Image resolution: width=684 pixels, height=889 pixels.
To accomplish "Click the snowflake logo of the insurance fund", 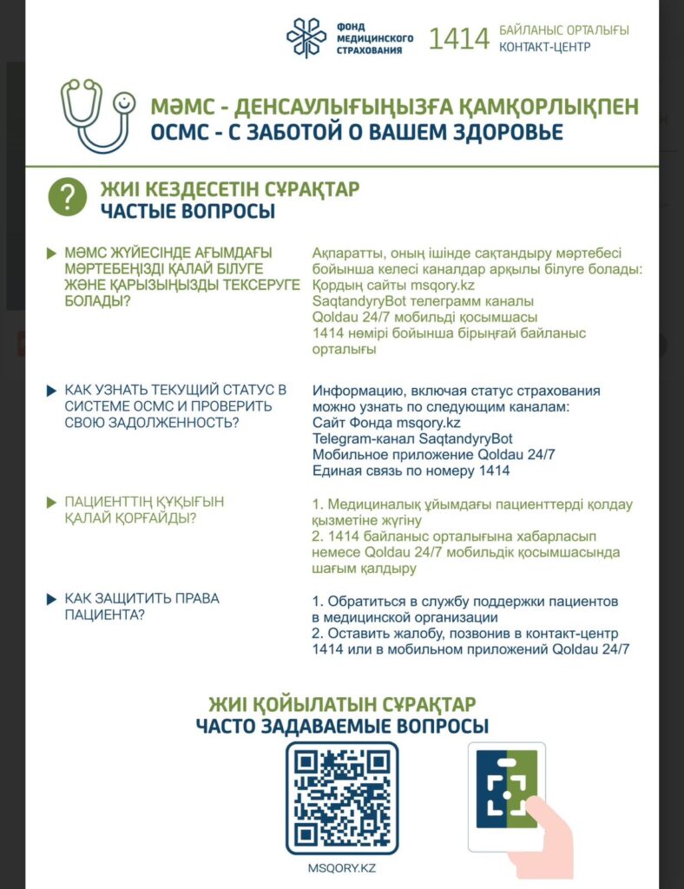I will tap(306, 38).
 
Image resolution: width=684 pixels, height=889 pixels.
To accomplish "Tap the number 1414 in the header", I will tap(459, 39).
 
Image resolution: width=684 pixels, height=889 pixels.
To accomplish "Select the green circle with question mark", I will tap(67, 197).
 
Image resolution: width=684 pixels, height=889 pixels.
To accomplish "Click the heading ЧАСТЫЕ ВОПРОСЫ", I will tap(187, 211).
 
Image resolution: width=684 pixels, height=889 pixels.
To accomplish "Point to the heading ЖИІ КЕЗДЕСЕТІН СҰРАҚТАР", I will tap(229, 188).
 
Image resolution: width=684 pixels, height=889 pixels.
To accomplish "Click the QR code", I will tap(342, 797).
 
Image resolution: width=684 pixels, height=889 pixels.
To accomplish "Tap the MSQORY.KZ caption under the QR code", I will tap(342, 868).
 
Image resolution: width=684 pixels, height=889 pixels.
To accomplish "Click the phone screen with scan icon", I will tap(508, 794).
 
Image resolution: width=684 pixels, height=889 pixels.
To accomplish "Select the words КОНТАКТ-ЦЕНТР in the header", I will tap(545, 47).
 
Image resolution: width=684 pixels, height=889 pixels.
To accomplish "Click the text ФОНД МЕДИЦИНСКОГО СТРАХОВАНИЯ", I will tap(374, 39).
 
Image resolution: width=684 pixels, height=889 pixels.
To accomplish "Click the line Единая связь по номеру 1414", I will tap(411, 471).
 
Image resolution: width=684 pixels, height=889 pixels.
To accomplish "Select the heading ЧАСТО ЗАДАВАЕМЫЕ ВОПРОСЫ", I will tap(342, 727).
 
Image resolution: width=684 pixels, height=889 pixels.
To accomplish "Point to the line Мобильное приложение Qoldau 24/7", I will tap(433, 455).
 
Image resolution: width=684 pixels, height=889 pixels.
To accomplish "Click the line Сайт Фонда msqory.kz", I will tap(386, 423).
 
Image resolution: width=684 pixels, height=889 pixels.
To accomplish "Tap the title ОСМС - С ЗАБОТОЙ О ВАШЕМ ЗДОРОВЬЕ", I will tap(357, 133).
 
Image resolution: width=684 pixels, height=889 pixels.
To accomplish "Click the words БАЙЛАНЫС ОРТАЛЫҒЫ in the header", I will tap(564, 30).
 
